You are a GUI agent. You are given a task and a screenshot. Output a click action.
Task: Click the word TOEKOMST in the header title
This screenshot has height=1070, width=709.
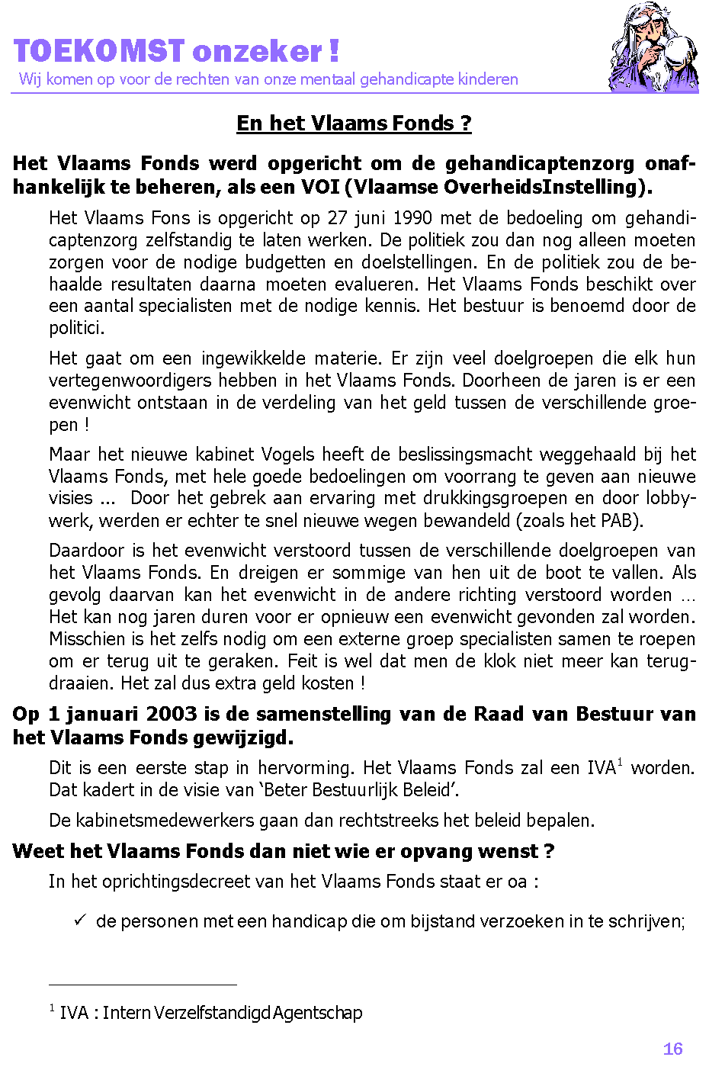[99, 51]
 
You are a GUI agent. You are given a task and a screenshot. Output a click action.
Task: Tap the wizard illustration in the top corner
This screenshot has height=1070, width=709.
[653, 47]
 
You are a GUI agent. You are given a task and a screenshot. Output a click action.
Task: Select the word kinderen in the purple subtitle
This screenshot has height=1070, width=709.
[488, 79]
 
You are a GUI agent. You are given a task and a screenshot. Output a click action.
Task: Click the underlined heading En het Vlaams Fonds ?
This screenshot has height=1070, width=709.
[354, 123]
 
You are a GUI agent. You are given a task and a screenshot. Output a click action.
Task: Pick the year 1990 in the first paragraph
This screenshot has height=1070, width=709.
[414, 218]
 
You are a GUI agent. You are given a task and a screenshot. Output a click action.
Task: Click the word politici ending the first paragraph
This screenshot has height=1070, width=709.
[76, 329]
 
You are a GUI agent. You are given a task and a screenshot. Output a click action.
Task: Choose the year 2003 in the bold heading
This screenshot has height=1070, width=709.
[172, 715]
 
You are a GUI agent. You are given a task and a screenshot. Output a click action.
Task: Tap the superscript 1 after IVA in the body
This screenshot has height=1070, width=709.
[620, 762]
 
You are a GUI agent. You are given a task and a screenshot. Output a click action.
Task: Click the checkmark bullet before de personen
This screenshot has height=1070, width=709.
[79, 921]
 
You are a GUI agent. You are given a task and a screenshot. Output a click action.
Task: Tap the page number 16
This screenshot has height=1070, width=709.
[672, 1049]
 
